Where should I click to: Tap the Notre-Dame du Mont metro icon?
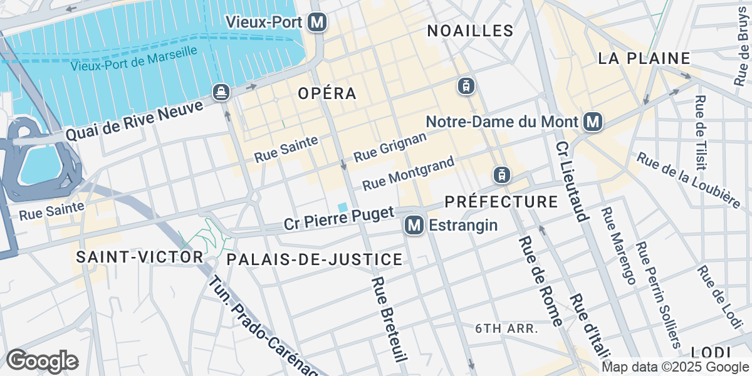tap(592, 122)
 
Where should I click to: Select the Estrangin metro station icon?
tap(413, 225)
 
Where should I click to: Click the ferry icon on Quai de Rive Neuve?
tap(221, 92)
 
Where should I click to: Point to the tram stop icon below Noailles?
tap(465, 86)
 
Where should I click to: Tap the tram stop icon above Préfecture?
tap(501, 175)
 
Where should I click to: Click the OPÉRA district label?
tap(327, 93)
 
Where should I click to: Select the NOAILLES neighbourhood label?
tap(470, 31)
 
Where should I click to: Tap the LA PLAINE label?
tap(644, 59)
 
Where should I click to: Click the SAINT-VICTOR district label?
tap(140, 257)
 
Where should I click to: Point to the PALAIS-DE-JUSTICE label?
tap(314, 259)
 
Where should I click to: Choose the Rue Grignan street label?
tap(390, 147)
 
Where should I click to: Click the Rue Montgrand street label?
tap(408, 174)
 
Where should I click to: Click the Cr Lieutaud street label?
tap(571, 182)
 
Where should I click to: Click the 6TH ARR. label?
tap(508, 328)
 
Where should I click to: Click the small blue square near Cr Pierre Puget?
tap(343, 207)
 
